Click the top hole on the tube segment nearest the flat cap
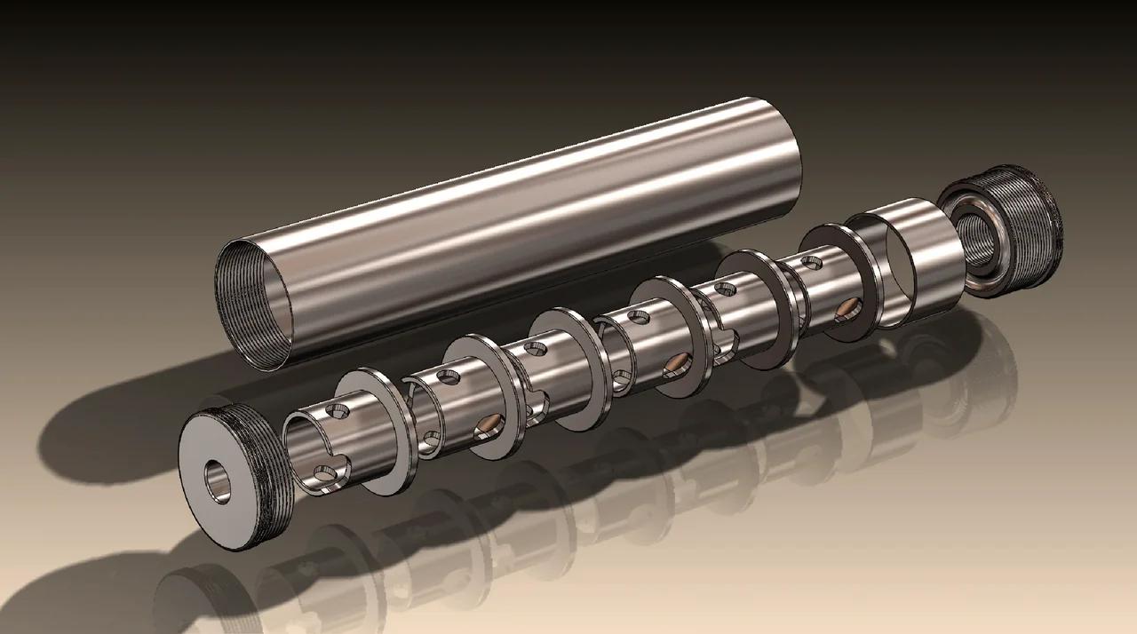coord(338,411)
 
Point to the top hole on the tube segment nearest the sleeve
coord(811,261)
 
